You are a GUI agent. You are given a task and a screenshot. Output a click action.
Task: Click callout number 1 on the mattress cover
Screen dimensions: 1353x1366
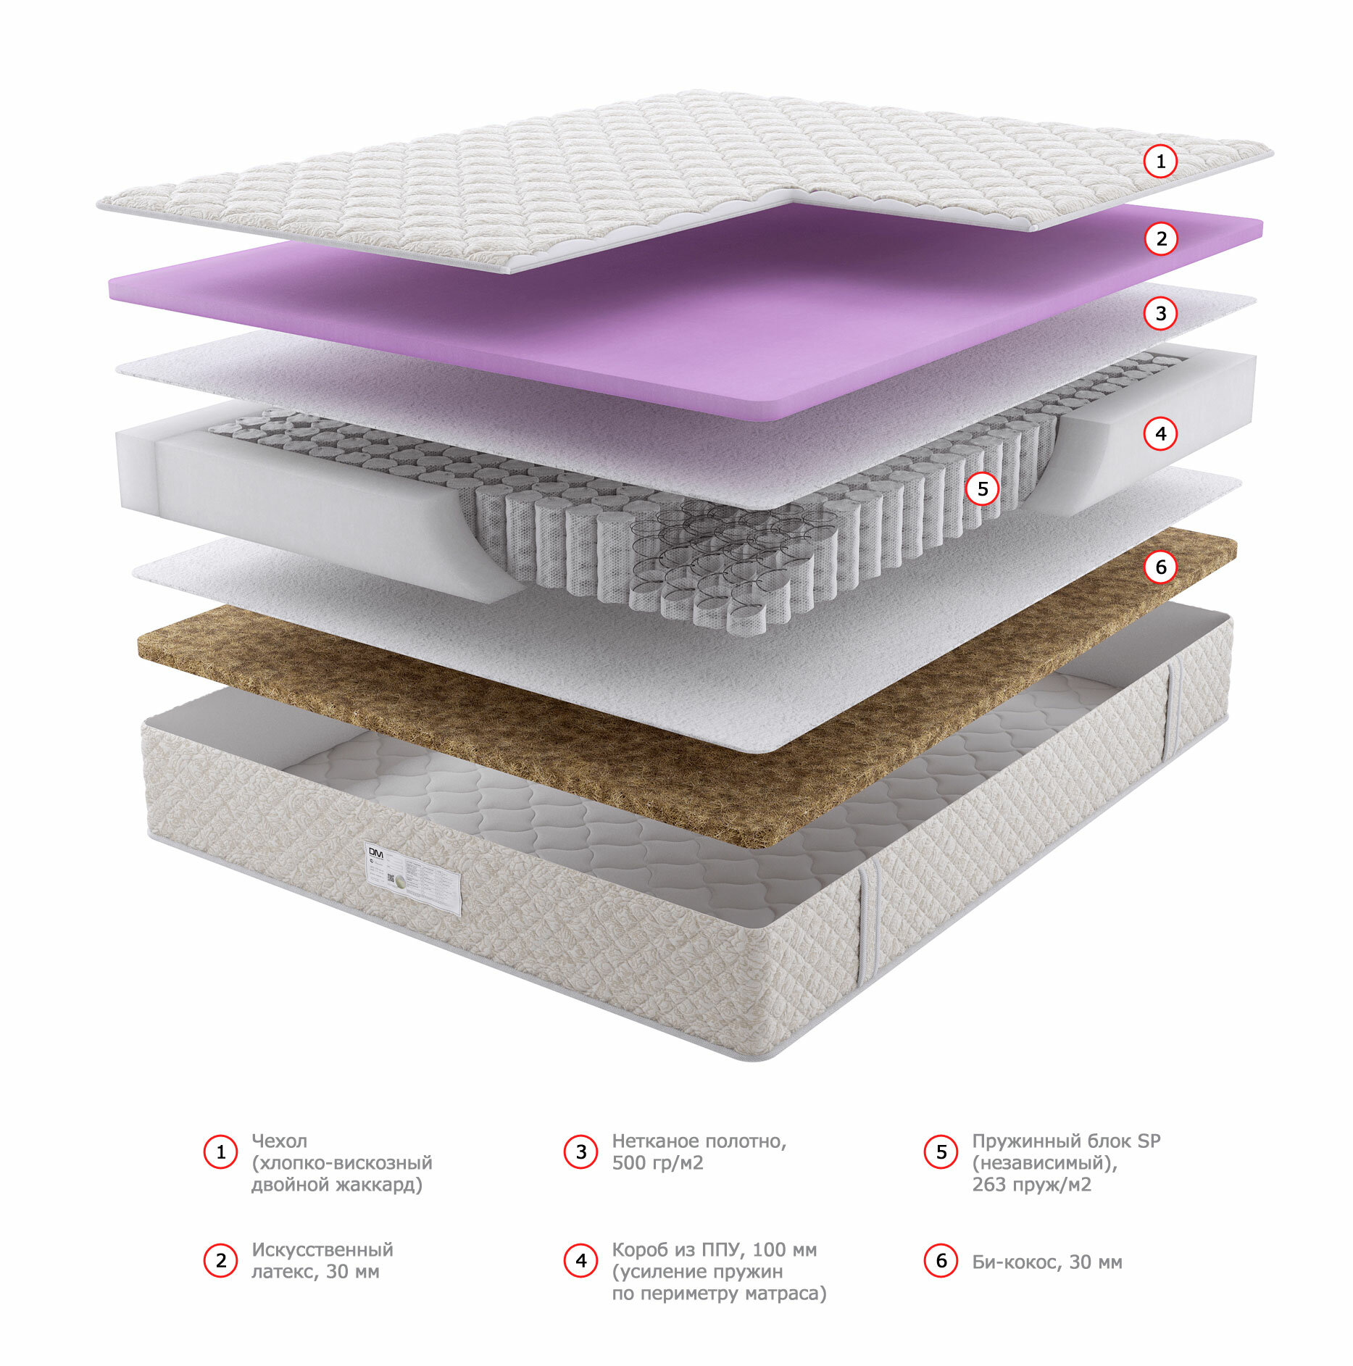(x=1160, y=161)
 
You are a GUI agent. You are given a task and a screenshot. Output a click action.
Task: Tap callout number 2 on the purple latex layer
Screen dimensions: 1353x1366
(x=1161, y=238)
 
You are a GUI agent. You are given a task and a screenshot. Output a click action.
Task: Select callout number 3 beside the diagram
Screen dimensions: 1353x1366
(x=1160, y=313)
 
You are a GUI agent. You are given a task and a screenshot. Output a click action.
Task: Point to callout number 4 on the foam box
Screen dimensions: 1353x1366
(x=1160, y=433)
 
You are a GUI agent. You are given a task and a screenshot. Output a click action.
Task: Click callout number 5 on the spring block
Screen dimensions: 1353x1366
(x=982, y=489)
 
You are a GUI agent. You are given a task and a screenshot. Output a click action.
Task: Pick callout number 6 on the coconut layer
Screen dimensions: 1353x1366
(x=1160, y=567)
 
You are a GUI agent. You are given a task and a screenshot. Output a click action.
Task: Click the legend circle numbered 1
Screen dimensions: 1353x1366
(x=221, y=1152)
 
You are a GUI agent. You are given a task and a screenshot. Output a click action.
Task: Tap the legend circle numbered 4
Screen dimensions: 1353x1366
(x=580, y=1261)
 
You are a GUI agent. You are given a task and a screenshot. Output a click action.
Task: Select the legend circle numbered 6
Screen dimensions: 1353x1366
(x=941, y=1261)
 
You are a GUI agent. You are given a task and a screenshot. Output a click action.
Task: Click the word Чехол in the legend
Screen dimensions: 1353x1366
(x=279, y=1141)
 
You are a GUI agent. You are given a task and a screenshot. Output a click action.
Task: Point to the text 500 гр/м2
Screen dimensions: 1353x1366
(x=657, y=1163)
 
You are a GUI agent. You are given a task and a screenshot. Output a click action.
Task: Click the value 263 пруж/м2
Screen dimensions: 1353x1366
(x=1031, y=1185)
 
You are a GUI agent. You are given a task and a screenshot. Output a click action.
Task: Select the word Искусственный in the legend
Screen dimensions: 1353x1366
(x=322, y=1250)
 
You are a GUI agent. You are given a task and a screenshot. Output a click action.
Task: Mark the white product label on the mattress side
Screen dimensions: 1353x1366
(x=413, y=878)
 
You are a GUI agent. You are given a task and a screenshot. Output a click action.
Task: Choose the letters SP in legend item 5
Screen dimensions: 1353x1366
(x=1149, y=1141)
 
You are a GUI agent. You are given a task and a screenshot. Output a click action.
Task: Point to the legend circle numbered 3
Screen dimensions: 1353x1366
(x=580, y=1152)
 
